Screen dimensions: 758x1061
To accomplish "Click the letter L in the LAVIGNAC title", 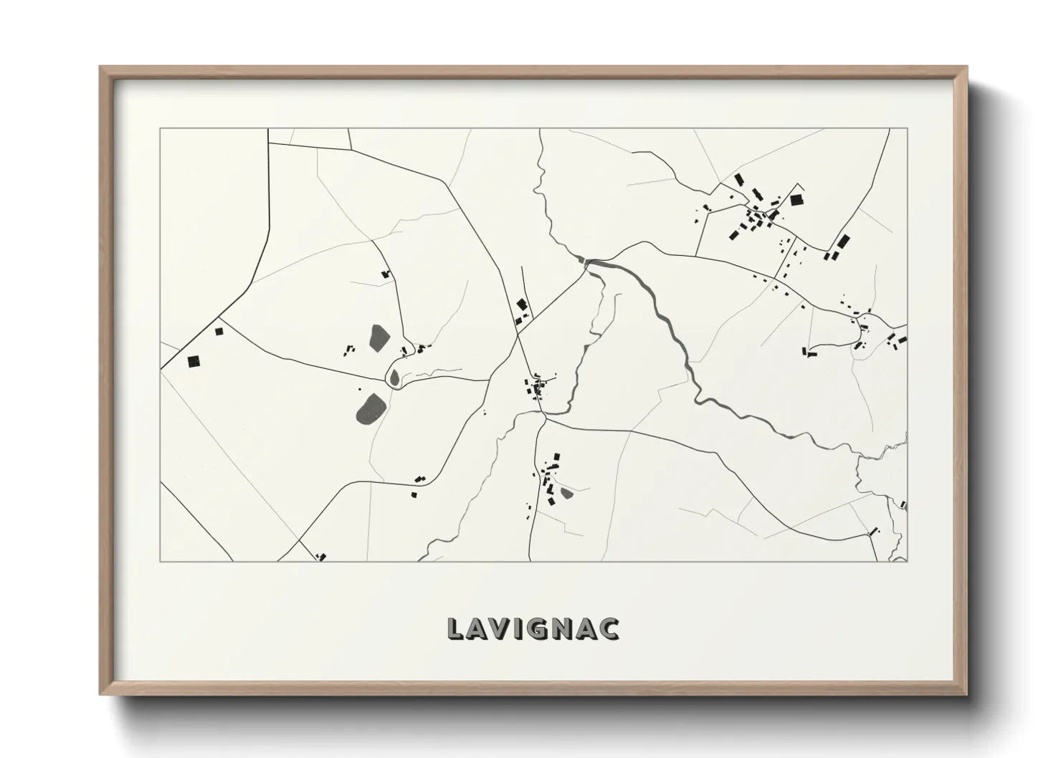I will (456, 628).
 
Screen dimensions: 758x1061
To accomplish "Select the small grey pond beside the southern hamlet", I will (566, 492).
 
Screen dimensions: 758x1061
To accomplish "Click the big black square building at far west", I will (193, 361).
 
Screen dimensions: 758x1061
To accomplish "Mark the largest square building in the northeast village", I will (796, 200).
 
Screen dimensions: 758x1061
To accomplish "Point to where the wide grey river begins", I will (588, 262).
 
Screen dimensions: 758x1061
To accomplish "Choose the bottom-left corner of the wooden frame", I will (101, 694).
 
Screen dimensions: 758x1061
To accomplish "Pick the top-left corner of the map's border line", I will (161, 129).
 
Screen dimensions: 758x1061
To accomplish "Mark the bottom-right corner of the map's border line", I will (907, 561).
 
